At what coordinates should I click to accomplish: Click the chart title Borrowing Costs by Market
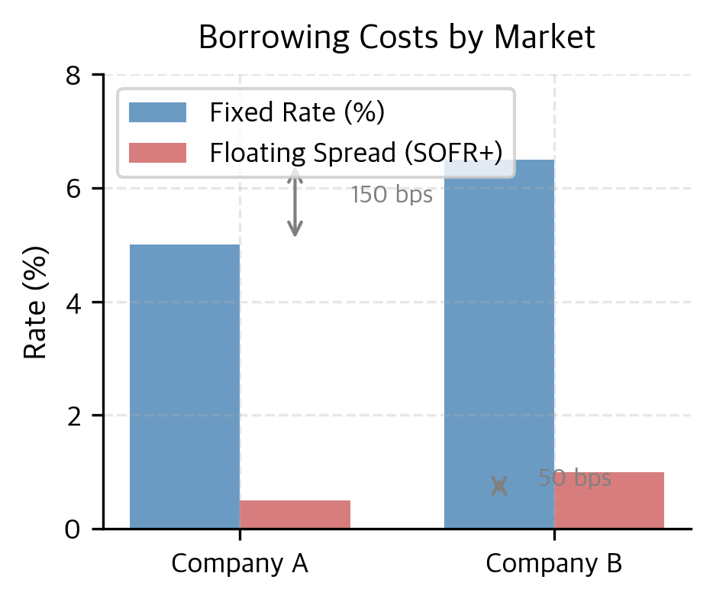coord(396,37)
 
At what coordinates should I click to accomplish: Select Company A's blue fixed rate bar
coord(185,386)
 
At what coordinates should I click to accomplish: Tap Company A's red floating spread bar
coord(295,514)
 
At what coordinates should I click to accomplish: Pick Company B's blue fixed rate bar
coord(499,344)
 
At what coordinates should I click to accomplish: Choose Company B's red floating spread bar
coord(609,500)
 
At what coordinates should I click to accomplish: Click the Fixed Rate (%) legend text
coord(297,113)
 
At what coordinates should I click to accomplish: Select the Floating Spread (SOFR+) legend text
coord(356,153)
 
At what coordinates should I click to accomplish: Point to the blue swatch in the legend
coord(157,113)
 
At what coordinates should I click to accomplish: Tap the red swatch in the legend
coord(157,153)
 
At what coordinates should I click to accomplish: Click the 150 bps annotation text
coord(392,196)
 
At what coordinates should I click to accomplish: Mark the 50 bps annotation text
coord(574,478)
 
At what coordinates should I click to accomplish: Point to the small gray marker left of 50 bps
coord(499,486)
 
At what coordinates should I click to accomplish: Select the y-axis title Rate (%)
coord(35,302)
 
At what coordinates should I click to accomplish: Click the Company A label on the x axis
coord(240,564)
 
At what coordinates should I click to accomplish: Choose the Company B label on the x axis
coord(554,564)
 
